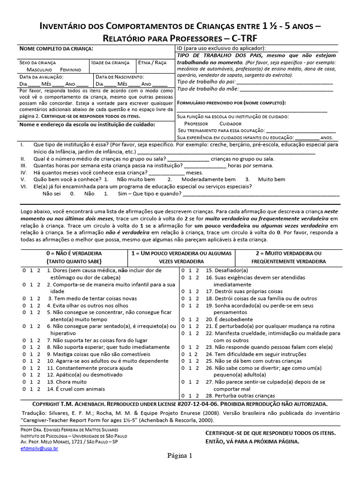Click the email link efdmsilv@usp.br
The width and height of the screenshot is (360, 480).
(x=39, y=448)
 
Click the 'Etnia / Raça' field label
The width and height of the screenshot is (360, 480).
(x=152, y=62)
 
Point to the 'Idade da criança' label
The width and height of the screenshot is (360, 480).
(x=110, y=62)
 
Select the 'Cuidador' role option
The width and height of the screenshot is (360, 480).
(x=230, y=123)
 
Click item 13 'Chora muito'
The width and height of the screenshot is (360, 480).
(x=67, y=382)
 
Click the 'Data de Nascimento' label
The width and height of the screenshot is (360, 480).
(x=120, y=76)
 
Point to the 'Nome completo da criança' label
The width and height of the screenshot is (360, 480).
(x=56, y=49)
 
